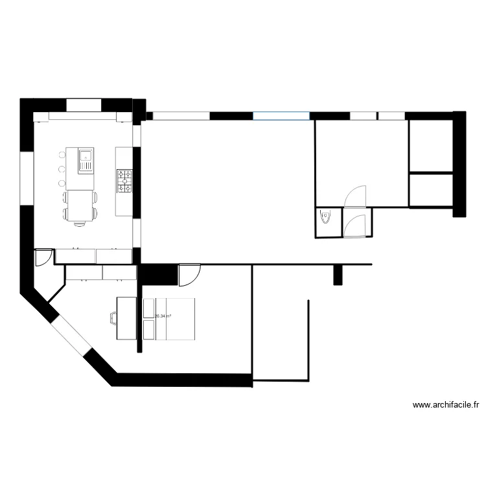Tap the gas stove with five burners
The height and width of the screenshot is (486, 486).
(124, 181)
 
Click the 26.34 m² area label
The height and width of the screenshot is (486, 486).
(163, 316)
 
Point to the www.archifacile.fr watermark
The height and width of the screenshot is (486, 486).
(446, 406)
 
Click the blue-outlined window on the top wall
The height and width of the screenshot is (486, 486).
(281, 116)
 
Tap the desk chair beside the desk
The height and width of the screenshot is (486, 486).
(113, 318)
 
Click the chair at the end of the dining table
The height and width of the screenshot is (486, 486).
(80, 222)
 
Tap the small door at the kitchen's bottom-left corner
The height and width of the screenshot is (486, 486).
(43, 257)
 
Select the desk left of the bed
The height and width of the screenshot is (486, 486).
(126, 318)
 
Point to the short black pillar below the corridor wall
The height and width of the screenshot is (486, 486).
(338, 275)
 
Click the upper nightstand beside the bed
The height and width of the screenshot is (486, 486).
(148, 308)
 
